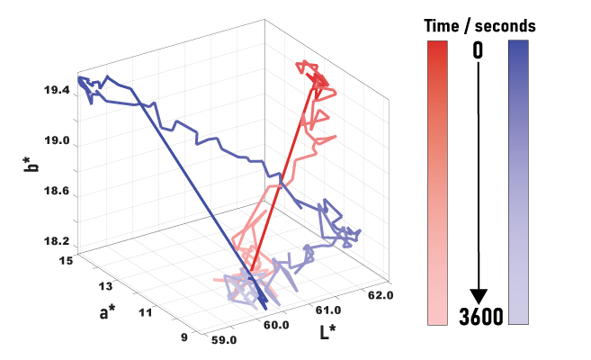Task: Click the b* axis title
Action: pyautogui.click(x=30, y=165)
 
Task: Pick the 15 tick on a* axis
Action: pyautogui.click(x=66, y=260)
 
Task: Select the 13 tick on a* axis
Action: pyautogui.click(x=105, y=286)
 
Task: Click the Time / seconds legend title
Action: pyautogui.click(x=479, y=26)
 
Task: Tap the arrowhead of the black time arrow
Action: pyautogui.click(x=479, y=297)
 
